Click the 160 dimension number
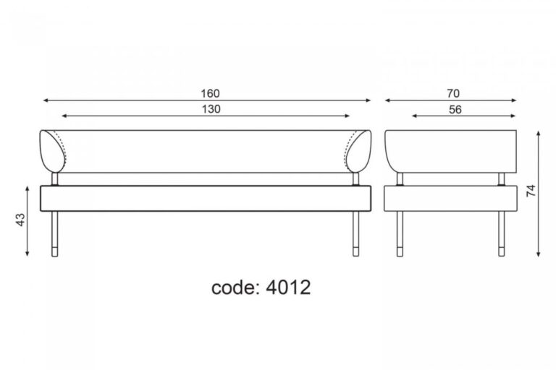pyautogui.click(x=210, y=93)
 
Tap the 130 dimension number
pyautogui.click(x=211, y=109)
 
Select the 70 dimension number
pyautogui.click(x=453, y=93)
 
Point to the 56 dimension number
pyautogui.click(x=455, y=110)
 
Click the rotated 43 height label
pyautogui.click(x=20, y=220)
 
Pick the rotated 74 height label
pyautogui.click(x=531, y=191)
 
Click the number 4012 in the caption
pyautogui.click(x=288, y=287)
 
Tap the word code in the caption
pyautogui.click(x=234, y=288)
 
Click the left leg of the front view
pyautogui.click(x=54, y=233)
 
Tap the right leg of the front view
pyautogui.click(x=355, y=233)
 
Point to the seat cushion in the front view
pyautogui.click(x=206, y=198)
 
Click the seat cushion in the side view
pyautogui.click(x=450, y=198)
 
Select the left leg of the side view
pyautogui.click(x=400, y=233)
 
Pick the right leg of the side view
pyautogui.click(x=502, y=233)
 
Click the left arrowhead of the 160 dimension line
pyautogui.click(x=45, y=100)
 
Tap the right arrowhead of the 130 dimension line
pyautogui.click(x=347, y=116)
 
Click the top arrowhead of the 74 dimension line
pyautogui.click(x=539, y=134)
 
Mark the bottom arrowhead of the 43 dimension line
pyautogui.click(x=28, y=253)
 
